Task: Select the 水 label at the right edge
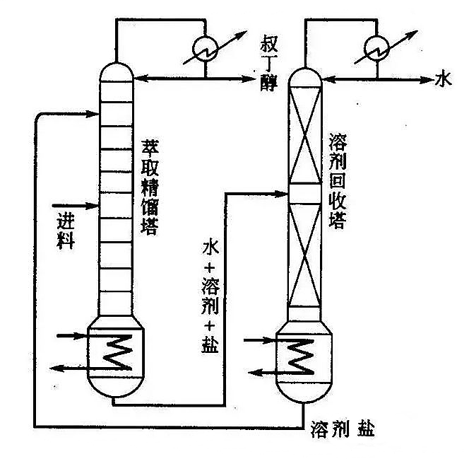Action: pyautogui.click(x=442, y=79)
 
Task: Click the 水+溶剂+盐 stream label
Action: pyautogui.click(x=210, y=296)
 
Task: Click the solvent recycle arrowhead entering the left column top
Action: pyautogui.click(x=91, y=112)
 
